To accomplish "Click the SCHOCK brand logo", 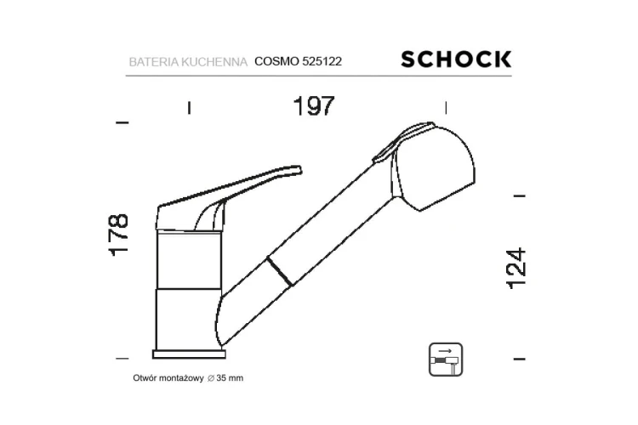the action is (x=456, y=59).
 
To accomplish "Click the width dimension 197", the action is (x=314, y=105).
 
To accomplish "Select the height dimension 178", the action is (x=118, y=235).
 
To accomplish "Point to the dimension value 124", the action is (x=516, y=269).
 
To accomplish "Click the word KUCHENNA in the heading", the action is (x=214, y=62).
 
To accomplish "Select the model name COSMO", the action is (x=276, y=61).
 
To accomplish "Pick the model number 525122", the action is (x=322, y=61).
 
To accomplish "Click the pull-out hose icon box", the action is (x=446, y=360).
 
